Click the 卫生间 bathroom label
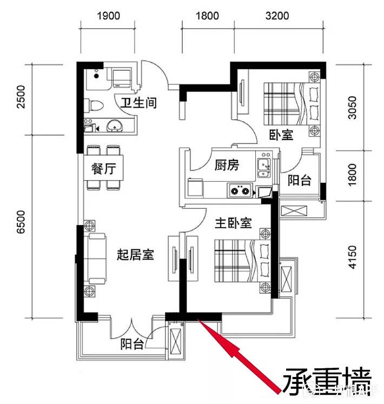pos(138,102)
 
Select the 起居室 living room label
pos(136,255)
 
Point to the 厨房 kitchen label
pos(227,165)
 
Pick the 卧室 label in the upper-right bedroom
pos(281,135)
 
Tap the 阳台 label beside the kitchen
pos(299,181)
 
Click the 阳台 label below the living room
pos(132,344)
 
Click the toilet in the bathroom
pos(95,104)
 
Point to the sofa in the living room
pos(95,260)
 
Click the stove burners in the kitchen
pos(241,190)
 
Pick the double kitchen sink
pos(264,168)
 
